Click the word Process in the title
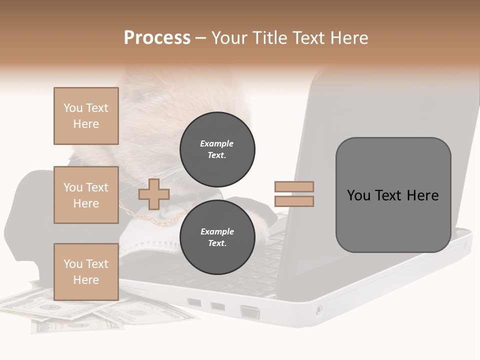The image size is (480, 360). coord(157,38)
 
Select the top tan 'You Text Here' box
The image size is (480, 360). coord(86,116)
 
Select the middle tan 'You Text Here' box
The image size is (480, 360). coord(86,195)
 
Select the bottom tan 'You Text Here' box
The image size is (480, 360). coord(86,271)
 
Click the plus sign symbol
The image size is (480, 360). coord(154,194)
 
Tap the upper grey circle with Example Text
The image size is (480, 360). coord(217,149)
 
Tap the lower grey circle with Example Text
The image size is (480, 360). coord(217,237)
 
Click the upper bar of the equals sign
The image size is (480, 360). coord(294,187)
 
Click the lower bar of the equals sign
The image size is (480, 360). coord(294,201)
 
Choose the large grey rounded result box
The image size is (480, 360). coord(393,195)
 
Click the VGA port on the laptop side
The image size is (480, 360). coord(250,312)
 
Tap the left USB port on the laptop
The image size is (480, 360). coord(194,302)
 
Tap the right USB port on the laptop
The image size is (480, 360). coord(218,306)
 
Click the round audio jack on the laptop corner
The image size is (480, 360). coord(319,310)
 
